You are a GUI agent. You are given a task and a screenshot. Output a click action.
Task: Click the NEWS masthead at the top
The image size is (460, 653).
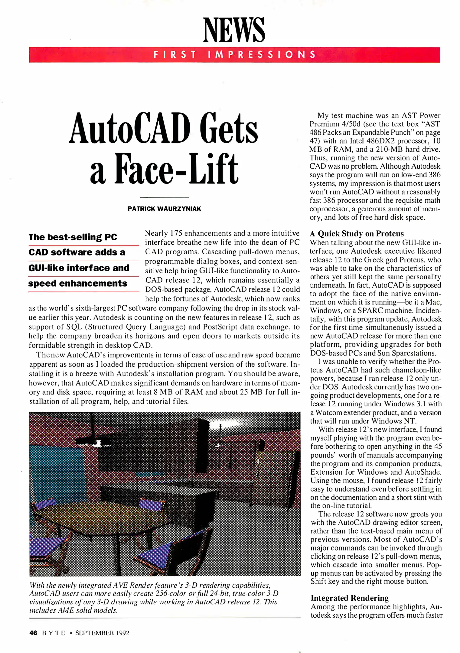234,30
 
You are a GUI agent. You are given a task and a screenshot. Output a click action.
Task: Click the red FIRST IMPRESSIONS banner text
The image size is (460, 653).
234,55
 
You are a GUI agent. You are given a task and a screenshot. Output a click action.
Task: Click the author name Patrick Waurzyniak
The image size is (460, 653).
164,209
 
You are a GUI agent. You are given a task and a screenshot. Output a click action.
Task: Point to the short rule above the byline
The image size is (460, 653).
164,197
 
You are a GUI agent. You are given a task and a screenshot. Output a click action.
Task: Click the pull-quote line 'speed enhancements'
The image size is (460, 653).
78,284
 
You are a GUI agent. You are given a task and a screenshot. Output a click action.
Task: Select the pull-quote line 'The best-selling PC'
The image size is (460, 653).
73,237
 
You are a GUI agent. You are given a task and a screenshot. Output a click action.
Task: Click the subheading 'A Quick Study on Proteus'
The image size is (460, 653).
357,234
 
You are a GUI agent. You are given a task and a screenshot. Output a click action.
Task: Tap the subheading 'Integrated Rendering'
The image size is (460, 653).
349,598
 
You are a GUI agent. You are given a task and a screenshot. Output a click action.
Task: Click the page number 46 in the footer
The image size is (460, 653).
33,633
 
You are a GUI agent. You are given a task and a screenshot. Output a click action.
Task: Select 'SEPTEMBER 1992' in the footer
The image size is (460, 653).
102,633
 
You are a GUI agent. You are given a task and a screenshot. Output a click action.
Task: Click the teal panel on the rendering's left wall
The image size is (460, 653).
56,472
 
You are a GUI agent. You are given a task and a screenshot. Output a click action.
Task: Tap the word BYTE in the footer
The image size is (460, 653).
54,633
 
